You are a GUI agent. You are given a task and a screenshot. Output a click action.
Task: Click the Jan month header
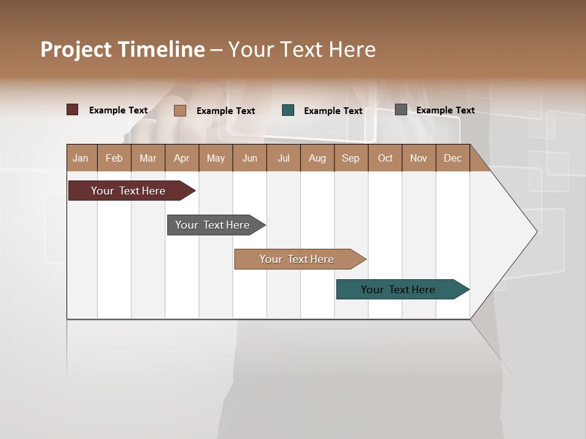tap(81, 158)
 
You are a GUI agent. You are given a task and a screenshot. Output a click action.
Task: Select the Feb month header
tap(114, 158)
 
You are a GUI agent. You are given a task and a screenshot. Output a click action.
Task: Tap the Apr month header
tap(182, 158)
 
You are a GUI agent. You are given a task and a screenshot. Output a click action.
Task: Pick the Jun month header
tap(250, 158)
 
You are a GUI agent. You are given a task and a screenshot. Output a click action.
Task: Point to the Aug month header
tap(317, 158)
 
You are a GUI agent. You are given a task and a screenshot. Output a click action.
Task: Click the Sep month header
tap(351, 158)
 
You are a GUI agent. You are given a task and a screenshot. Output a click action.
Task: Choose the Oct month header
tap(385, 158)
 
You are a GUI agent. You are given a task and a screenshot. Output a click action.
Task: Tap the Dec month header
tap(453, 158)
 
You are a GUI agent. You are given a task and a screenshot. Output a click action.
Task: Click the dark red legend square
tap(73, 110)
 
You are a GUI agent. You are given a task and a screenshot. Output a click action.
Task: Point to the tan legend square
tap(180, 110)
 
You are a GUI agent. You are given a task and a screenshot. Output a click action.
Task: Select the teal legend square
tap(288, 110)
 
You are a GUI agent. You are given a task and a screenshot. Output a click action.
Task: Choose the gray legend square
tap(401, 110)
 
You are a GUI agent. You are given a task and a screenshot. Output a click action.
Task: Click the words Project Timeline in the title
tap(123, 49)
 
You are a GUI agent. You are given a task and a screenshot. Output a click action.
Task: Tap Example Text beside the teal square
tap(333, 111)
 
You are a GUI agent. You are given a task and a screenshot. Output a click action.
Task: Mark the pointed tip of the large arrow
tap(536, 232)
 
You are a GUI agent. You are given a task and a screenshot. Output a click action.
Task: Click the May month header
tap(215, 158)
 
